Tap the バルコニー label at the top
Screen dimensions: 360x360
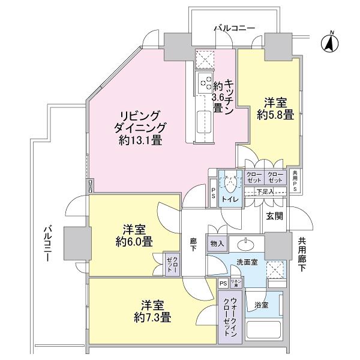tap(235, 28)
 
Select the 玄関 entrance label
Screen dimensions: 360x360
tap(274, 215)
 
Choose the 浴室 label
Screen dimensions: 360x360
tap(261, 305)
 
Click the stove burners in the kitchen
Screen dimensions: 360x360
tap(205, 83)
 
